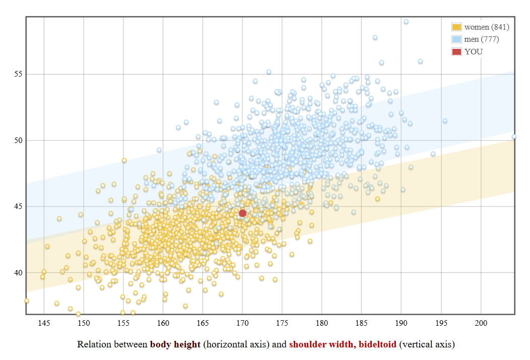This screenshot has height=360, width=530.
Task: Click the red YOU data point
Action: pos(242,213)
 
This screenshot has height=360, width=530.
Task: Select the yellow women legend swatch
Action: pos(456,27)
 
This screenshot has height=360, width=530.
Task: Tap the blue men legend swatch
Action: pos(456,39)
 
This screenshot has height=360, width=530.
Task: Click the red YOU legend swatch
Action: pos(456,51)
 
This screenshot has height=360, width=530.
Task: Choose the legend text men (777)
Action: pos(482,39)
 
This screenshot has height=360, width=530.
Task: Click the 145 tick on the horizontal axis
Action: pos(44,322)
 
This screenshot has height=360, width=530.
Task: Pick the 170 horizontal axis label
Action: pos(242,322)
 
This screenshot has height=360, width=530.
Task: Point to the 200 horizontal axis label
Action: pos(481,322)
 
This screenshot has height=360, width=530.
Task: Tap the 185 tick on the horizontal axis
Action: pos(362,322)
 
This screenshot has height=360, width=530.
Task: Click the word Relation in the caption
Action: pos(94,345)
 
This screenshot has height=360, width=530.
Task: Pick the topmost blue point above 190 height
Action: pos(406,22)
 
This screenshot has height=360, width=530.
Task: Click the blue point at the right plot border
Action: pos(514,136)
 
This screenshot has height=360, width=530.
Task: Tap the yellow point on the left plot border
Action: pos(27,301)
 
